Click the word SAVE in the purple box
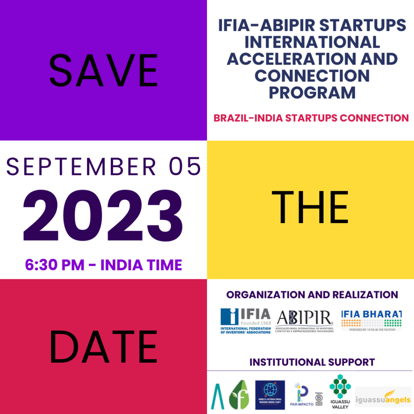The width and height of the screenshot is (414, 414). pyautogui.click(x=103, y=71)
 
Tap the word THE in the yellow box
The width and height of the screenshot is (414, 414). pyautogui.click(x=310, y=209)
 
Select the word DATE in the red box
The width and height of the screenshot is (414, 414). pyautogui.click(x=103, y=346)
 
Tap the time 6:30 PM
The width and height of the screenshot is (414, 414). pyautogui.click(x=55, y=265)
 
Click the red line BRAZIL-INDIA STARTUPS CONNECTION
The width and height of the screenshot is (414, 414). pyautogui.click(x=311, y=118)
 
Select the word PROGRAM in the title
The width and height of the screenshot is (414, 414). pyautogui.click(x=312, y=92)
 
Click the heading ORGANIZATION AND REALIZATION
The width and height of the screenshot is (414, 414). pyautogui.click(x=312, y=295)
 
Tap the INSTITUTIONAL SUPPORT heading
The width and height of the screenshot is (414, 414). pyautogui.click(x=312, y=362)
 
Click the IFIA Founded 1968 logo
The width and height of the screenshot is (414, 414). pyautogui.click(x=246, y=321)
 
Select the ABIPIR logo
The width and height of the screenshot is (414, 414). pyautogui.click(x=305, y=322)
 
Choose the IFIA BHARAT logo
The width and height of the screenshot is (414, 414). pyautogui.click(x=371, y=320)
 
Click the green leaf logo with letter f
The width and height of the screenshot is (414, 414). pyautogui.click(x=239, y=395)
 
